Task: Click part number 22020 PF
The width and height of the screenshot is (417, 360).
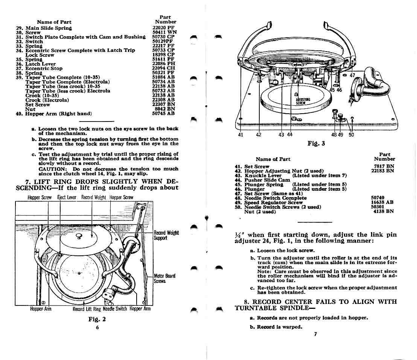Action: point(163,28)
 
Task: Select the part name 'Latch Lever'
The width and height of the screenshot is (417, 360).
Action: point(40,64)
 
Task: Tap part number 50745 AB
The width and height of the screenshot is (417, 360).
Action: point(163,114)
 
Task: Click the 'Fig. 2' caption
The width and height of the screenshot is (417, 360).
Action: point(97,319)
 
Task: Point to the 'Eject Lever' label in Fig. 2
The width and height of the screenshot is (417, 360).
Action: point(67,197)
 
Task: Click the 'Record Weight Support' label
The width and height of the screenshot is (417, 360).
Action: point(166,235)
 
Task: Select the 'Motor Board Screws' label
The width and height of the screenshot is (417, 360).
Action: point(164,278)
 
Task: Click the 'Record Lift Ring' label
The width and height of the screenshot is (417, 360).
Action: point(87,309)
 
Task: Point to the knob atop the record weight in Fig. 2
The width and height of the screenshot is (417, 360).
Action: point(79,235)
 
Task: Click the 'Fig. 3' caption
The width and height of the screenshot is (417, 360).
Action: point(316,144)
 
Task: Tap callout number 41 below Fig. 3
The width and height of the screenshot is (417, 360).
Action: point(241,135)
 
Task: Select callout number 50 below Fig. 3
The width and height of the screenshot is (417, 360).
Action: point(351,135)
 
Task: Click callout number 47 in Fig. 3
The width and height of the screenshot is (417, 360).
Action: point(352,76)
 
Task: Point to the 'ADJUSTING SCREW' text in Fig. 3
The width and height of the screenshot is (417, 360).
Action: point(303,101)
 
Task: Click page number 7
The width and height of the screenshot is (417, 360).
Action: point(315,334)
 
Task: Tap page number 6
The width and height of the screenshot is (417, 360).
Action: point(97,328)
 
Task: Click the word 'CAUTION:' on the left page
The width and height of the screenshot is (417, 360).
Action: point(52,169)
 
